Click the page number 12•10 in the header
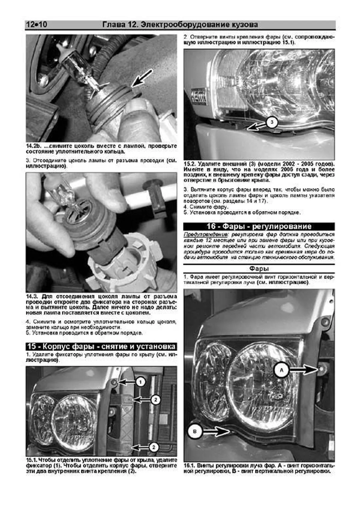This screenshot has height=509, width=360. coord(37,25)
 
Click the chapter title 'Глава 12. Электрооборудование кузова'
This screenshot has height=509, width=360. coord(180,25)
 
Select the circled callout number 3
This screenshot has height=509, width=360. coord(272,122)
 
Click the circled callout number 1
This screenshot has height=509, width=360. coord(140,382)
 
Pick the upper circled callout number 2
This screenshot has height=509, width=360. coord(155,400)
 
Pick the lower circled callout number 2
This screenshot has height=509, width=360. coord(154,447)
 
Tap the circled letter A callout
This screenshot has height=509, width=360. coord(281,370)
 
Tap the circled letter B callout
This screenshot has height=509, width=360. coord(195,432)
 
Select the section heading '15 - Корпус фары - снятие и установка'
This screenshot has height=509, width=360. coord(101,346)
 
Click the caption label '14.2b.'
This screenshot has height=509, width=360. coord(33,146)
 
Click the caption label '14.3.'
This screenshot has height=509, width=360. coord(32,296)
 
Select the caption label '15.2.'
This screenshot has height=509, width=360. coord(190,164)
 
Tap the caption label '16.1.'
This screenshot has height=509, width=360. coord(190,466)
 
